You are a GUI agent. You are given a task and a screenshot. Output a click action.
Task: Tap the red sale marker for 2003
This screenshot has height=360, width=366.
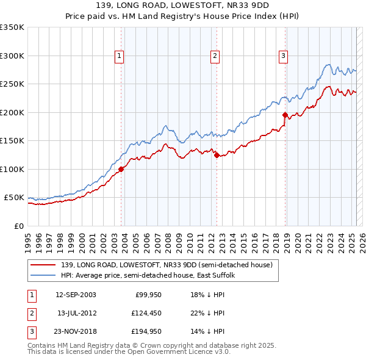(121, 169)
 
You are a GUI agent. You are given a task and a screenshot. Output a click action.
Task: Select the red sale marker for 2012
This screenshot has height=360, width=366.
(217, 155)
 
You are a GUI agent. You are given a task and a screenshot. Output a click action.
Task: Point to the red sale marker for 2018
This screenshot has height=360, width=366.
(285, 115)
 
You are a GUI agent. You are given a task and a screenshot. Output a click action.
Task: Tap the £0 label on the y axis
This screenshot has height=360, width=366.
(18, 226)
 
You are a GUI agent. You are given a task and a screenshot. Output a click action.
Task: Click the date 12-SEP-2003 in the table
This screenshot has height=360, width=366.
(76, 295)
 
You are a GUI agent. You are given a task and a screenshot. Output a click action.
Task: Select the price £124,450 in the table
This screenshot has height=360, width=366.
(145, 313)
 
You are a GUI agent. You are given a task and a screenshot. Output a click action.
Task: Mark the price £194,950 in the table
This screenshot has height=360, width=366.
(145, 331)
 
